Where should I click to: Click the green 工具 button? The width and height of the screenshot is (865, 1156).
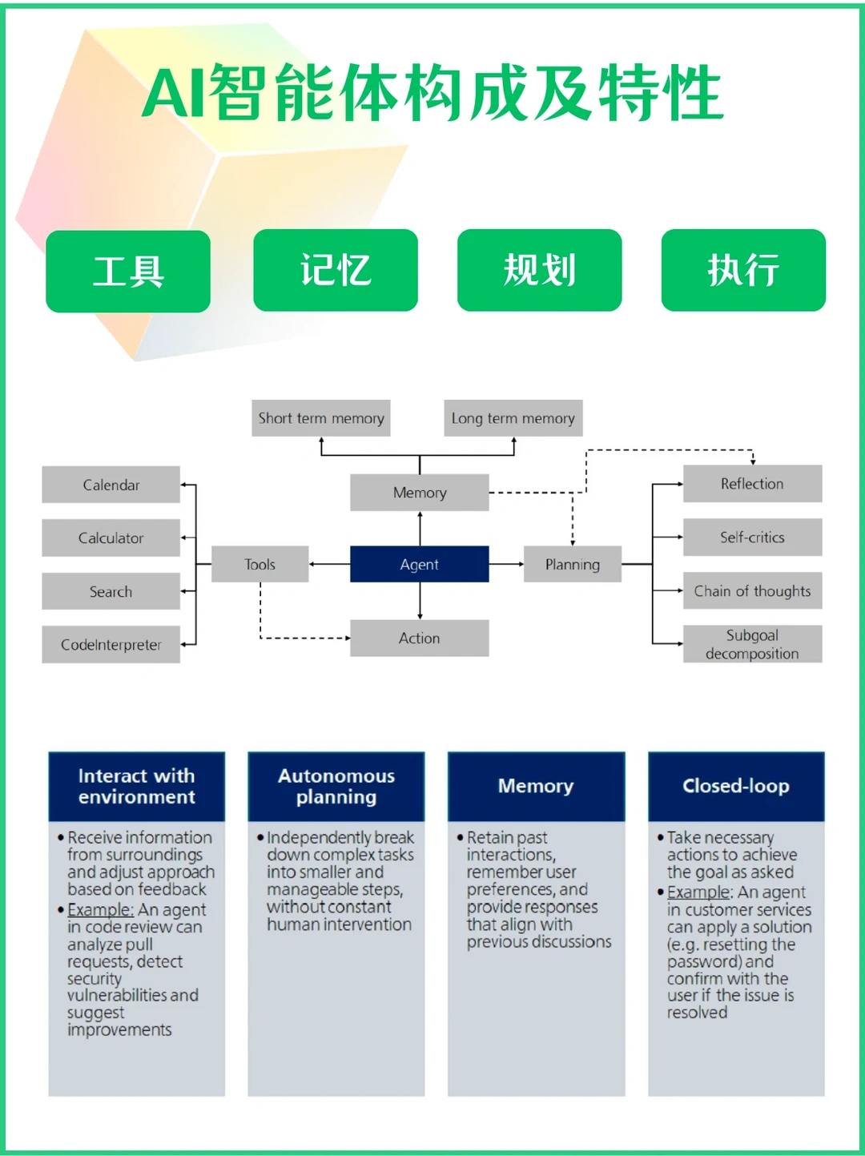(128, 271)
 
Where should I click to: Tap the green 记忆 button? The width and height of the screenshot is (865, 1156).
(336, 270)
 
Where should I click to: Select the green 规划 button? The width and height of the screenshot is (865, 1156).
(539, 270)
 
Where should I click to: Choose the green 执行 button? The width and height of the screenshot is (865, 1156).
(743, 270)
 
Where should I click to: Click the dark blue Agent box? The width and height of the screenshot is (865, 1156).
(419, 564)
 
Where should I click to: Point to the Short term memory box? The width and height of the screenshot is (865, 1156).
(320, 418)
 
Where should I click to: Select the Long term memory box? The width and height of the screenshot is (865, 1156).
(513, 418)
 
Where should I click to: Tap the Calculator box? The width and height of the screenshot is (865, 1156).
(111, 538)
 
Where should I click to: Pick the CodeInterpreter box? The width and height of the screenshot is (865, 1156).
(111, 644)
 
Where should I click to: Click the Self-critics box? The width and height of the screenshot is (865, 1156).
(752, 537)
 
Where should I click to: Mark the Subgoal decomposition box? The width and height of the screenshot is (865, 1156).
(752, 644)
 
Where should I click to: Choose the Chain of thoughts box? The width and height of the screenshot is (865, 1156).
(752, 590)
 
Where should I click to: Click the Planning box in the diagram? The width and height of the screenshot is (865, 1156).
(572, 564)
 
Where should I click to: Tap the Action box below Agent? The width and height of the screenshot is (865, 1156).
(419, 638)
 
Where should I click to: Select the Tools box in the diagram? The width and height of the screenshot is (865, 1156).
(259, 564)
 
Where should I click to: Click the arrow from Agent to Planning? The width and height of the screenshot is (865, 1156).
(506, 564)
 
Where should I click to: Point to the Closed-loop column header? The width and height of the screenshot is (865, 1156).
(735, 786)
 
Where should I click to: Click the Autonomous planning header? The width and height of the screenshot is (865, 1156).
(336, 786)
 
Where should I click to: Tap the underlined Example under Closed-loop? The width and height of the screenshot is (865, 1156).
(698, 892)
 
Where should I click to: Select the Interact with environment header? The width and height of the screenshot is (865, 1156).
(136, 786)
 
